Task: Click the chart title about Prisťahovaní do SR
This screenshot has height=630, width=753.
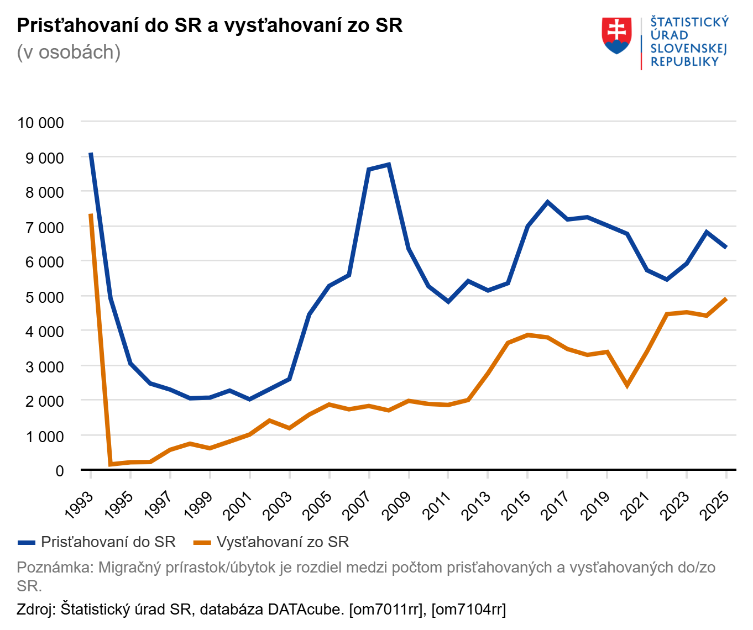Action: [x=210, y=25]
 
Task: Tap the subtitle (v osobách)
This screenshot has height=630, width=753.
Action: [x=69, y=52]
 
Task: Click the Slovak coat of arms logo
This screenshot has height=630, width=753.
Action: [x=616, y=35]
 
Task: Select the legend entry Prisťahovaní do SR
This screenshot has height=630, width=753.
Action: [x=108, y=542]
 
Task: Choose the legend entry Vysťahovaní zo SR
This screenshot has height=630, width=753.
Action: [x=283, y=542]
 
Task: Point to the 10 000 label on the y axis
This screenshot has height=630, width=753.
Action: [x=41, y=123]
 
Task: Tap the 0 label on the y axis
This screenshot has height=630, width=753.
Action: [x=60, y=471]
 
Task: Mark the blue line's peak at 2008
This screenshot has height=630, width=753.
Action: [x=389, y=164]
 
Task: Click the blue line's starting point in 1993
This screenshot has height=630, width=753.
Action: [x=91, y=154]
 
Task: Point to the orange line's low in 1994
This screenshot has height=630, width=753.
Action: [x=111, y=464]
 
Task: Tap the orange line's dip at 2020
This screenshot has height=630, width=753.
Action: [x=627, y=385]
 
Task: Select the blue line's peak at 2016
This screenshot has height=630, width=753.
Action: [x=547, y=202]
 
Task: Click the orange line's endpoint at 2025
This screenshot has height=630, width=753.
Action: [x=726, y=299]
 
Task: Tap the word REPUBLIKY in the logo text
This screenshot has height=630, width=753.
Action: [x=684, y=61]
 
